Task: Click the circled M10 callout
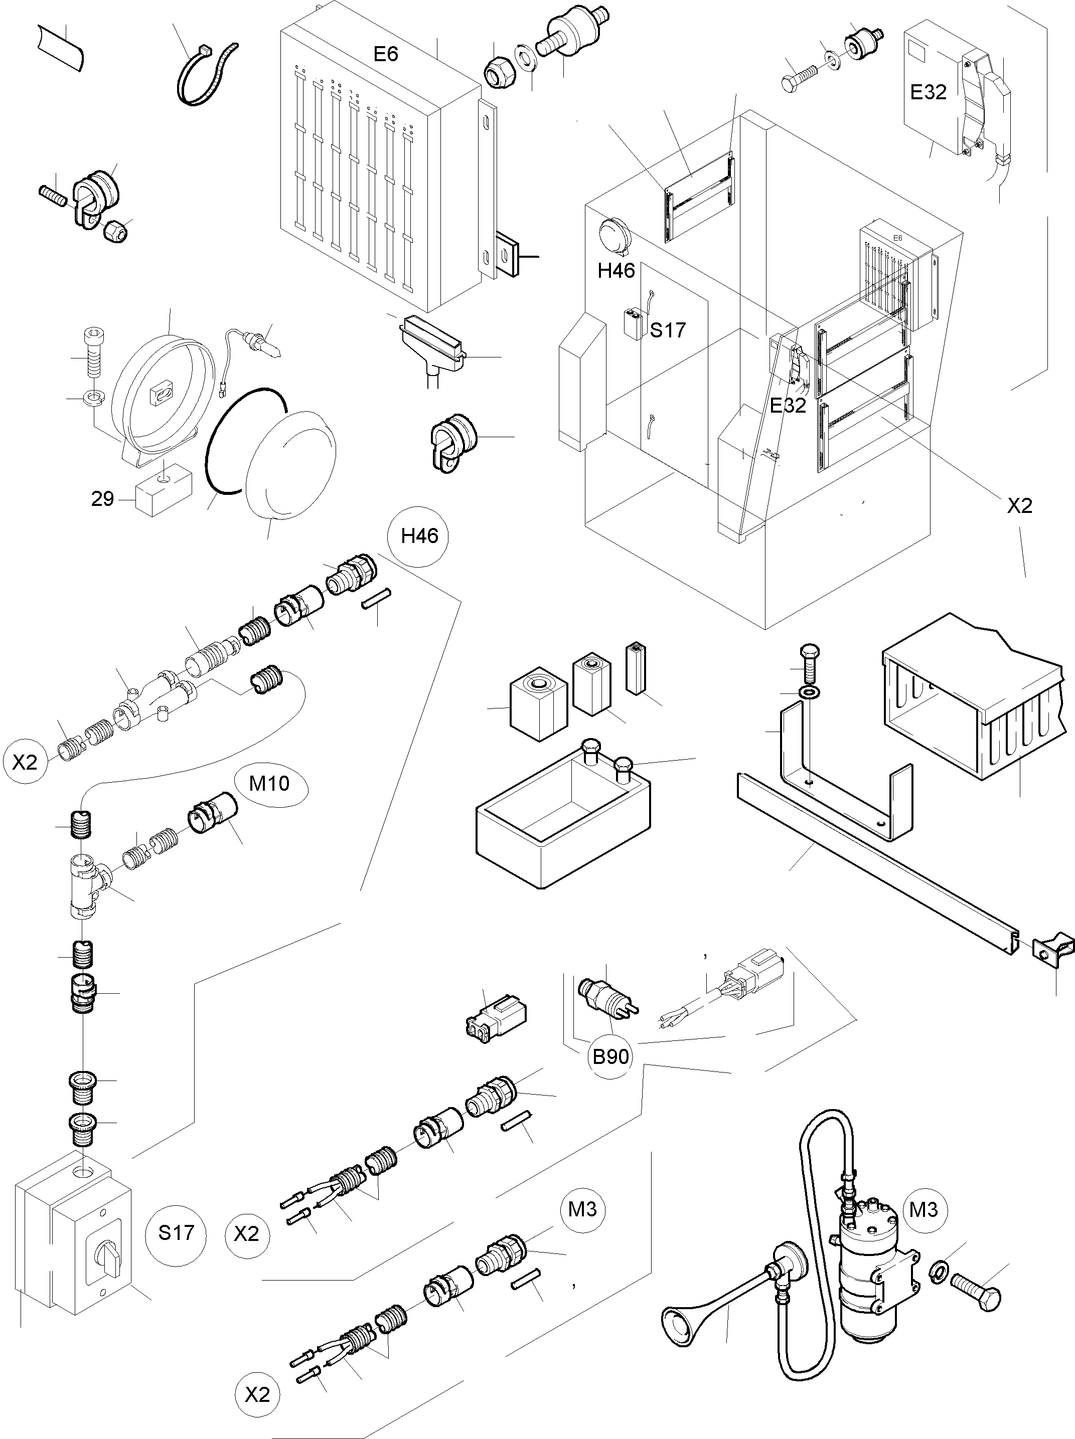(x=269, y=784)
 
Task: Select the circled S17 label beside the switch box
(x=177, y=1233)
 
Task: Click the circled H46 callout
(x=420, y=536)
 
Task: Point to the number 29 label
(x=102, y=499)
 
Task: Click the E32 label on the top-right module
(x=928, y=92)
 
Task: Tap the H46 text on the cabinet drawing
(x=616, y=271)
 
